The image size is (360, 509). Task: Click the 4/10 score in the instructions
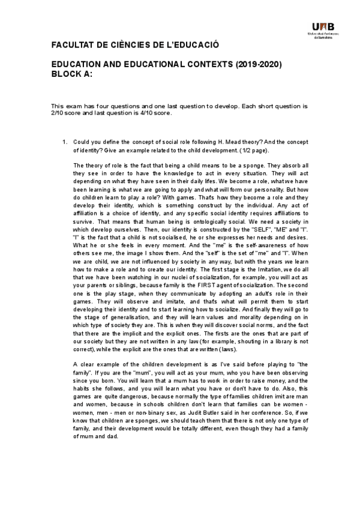(144, 112)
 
